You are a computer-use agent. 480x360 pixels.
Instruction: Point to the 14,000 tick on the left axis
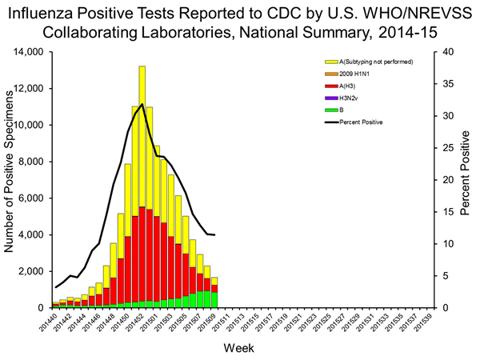click(x=29, y=52)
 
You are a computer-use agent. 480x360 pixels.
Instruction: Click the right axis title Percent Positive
click(x=466, y=179)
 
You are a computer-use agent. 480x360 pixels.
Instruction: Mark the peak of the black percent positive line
click(x=142, y=104)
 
